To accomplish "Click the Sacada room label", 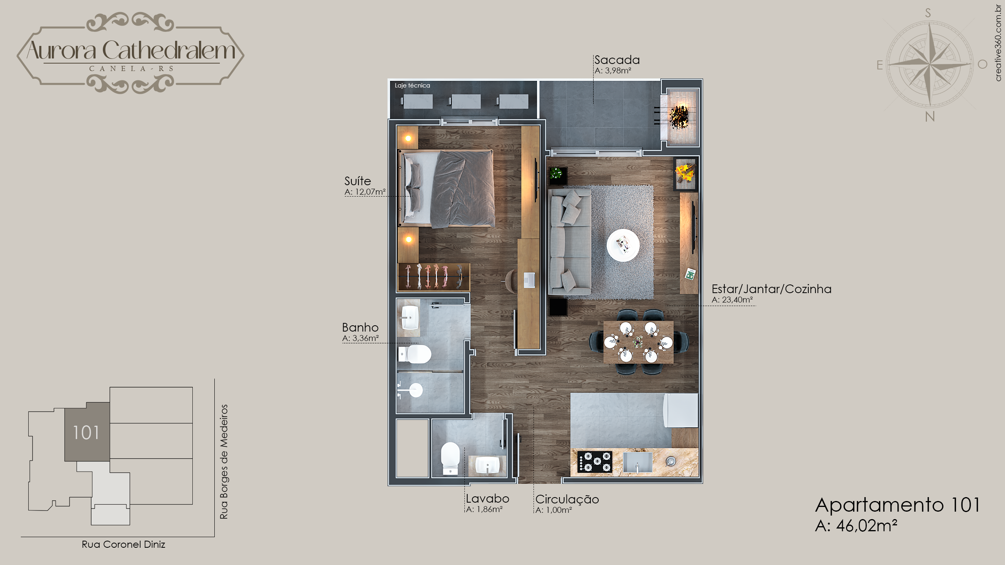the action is [x=617, y=60].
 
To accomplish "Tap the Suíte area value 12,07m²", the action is [x=370, y=192].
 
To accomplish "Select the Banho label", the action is [x=360, y=327].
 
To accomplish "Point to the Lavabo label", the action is [x=488, y=499].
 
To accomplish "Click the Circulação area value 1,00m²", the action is [x=559, y=510].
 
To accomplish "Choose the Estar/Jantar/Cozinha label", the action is [x=771, y=289].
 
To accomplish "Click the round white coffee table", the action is [x=623, y=245].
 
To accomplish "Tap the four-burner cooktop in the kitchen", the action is [x=594, y=462].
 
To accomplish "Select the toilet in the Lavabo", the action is [x=450, y=458].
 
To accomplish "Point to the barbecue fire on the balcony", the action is [x=679, y=116].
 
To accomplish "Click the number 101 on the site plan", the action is [x=86, y=432].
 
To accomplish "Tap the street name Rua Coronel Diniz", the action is [x=123, y=544].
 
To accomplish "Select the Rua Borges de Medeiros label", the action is [x=224, y=462].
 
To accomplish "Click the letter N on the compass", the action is [x=930, y=117].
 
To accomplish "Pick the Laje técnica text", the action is [x=412, y=86].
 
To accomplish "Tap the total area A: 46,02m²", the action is [x=856, y=526].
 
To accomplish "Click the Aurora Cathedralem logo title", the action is [x=131, y=50].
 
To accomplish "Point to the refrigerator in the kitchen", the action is [x=681, y=410].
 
